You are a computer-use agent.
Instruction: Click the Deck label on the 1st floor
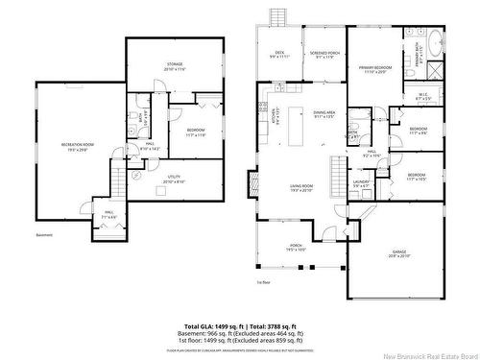click(280, 54)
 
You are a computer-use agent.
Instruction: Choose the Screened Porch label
click(322, 54)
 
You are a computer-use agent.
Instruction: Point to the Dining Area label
click(324, 114)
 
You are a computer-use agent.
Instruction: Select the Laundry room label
click(361, 183)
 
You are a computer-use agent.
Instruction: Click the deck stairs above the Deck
click(278, 17)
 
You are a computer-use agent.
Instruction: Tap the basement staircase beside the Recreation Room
click(118, 178)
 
